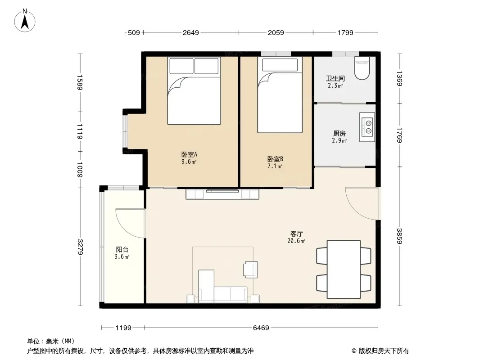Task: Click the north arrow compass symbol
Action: (x=25, y=21)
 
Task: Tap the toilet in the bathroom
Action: (x=362, y=68)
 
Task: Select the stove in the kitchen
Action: (x=367, y=127)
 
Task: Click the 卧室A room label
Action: (x=189, y=154)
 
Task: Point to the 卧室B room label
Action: (x=275, y=159)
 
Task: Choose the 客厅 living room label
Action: (x=296, y=234)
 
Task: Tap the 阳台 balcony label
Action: (x=122, y=250)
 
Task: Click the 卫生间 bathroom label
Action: (x=335, y=79)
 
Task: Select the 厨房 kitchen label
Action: (x=340, y=134)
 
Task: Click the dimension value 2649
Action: (x=191, y=33)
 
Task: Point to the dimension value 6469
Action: (x=261, y=328)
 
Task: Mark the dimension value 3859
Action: (x=399, y=236)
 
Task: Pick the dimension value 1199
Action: (x=123, y=328)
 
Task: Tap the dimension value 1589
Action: (x=80, y=83)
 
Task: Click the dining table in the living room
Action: (x=344, y=269)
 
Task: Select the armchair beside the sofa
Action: (x=251, y=270)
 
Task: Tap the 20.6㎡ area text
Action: (x=296, y=241)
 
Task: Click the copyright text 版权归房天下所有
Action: (x=384, y=351)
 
